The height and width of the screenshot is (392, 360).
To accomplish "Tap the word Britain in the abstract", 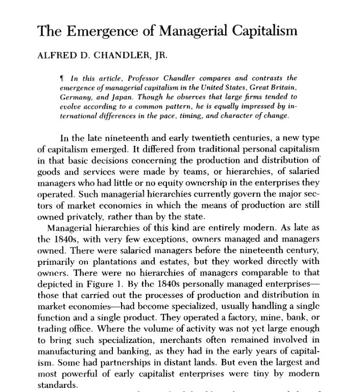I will (x=282, y=87).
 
